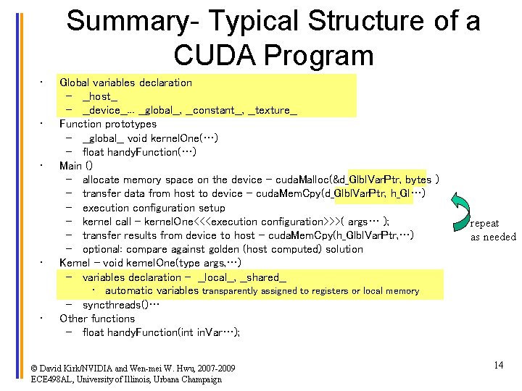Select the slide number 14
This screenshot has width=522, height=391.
click(498, 365)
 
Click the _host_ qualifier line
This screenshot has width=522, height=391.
click(100, 96)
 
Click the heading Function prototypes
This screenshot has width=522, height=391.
click(98, 124)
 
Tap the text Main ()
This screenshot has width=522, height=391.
click(75, 166)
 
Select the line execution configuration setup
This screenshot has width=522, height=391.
click(154, 207)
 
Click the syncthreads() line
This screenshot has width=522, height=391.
click(120, 305)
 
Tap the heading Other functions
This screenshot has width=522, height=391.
click(97, 319)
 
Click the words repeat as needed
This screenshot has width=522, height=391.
click(493, 230)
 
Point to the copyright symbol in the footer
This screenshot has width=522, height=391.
click(35, 368)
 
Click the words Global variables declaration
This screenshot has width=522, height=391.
click(125, 83)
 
